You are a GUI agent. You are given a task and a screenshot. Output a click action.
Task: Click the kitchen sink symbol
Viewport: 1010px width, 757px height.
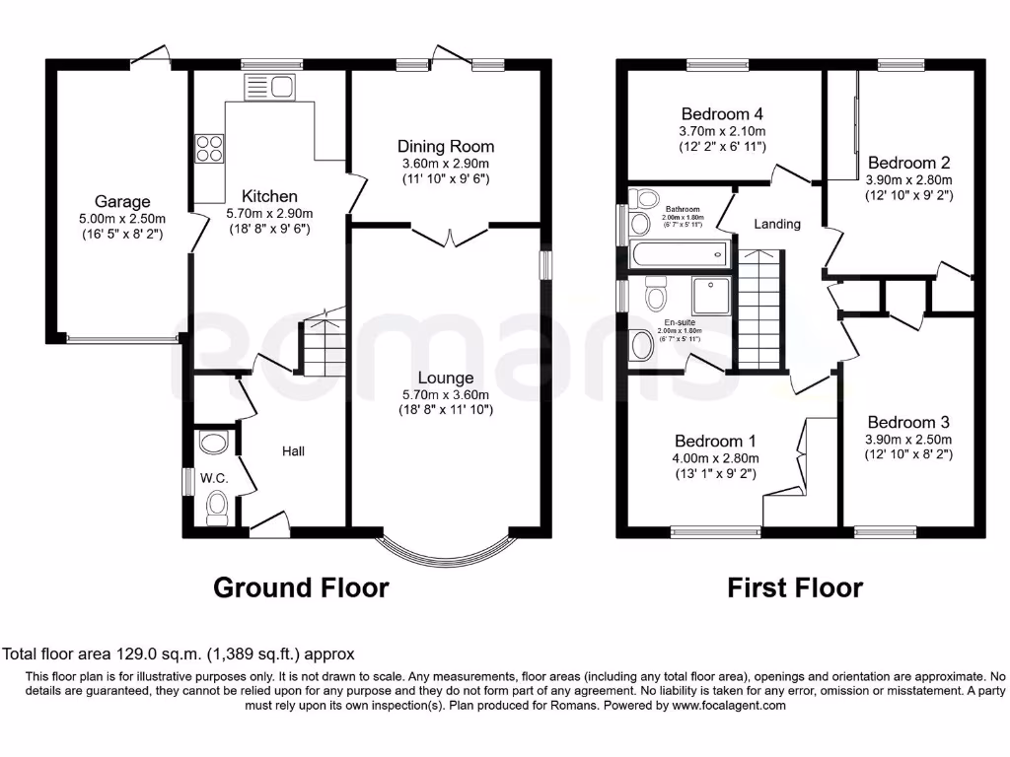(x=270, y=87)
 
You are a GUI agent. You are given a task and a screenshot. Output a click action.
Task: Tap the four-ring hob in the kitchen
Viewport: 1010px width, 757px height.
(x=209, y=147)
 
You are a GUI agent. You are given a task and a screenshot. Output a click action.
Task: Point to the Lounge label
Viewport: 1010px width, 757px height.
(x=446, y=378)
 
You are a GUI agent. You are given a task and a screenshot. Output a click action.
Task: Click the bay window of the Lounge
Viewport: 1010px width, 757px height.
(x=446, y=547)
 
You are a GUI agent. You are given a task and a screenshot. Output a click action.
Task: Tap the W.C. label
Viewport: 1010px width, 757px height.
(x=214, y=478)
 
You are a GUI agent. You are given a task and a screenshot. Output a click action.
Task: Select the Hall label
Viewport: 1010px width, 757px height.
(x=293, y=451)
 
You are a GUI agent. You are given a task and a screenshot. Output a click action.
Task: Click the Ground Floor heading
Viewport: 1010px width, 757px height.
(x=301, y=588)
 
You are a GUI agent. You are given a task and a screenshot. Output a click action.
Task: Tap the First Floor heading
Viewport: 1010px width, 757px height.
(x=795, y=588)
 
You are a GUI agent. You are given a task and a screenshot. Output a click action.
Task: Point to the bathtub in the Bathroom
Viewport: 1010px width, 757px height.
(x=678, y=254)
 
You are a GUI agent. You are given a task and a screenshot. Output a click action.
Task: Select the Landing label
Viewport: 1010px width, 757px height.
(x=777, y=224)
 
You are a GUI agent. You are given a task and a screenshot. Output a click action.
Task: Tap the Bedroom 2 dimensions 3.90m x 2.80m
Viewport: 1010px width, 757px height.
(x=908, y=180)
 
